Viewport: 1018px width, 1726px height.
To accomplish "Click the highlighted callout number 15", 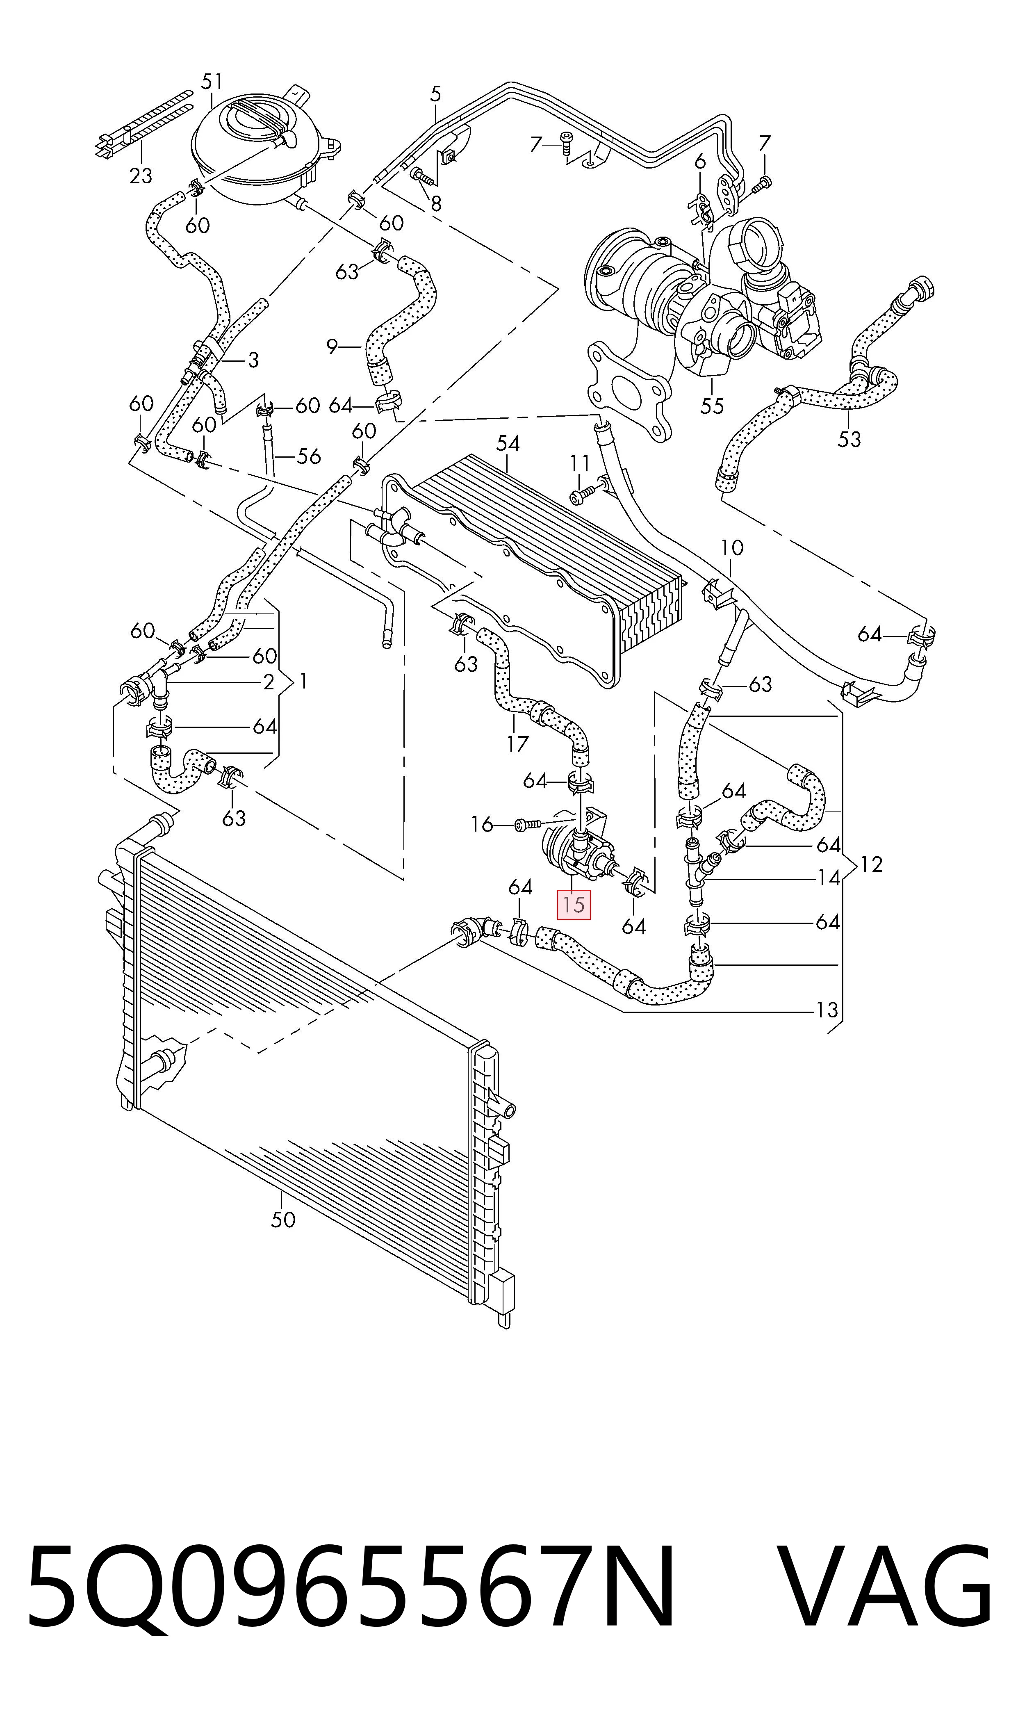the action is point(574,904).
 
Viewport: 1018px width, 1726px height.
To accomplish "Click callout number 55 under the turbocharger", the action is point(712,406).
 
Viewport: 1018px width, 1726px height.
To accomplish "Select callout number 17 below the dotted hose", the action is point(518,743).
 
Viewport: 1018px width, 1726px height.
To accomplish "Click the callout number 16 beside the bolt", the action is point(482,824).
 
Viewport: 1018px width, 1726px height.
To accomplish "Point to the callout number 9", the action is point(333,347).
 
